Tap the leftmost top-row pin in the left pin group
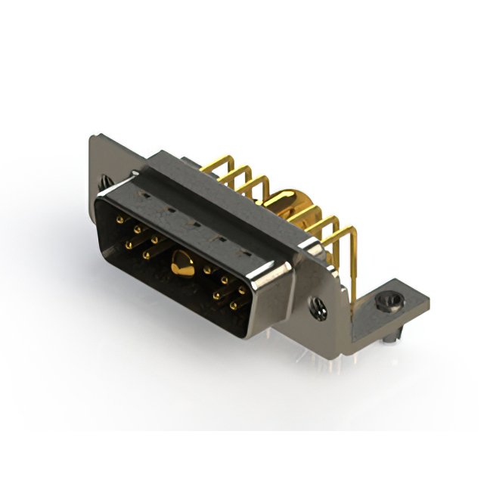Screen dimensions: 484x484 click(119, 219)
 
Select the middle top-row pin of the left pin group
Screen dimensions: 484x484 click(137, 228)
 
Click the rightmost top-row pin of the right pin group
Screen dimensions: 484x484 click(242, 290)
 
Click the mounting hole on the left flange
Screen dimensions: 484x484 click(104, 181)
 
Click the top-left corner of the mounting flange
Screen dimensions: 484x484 click(92, 138)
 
